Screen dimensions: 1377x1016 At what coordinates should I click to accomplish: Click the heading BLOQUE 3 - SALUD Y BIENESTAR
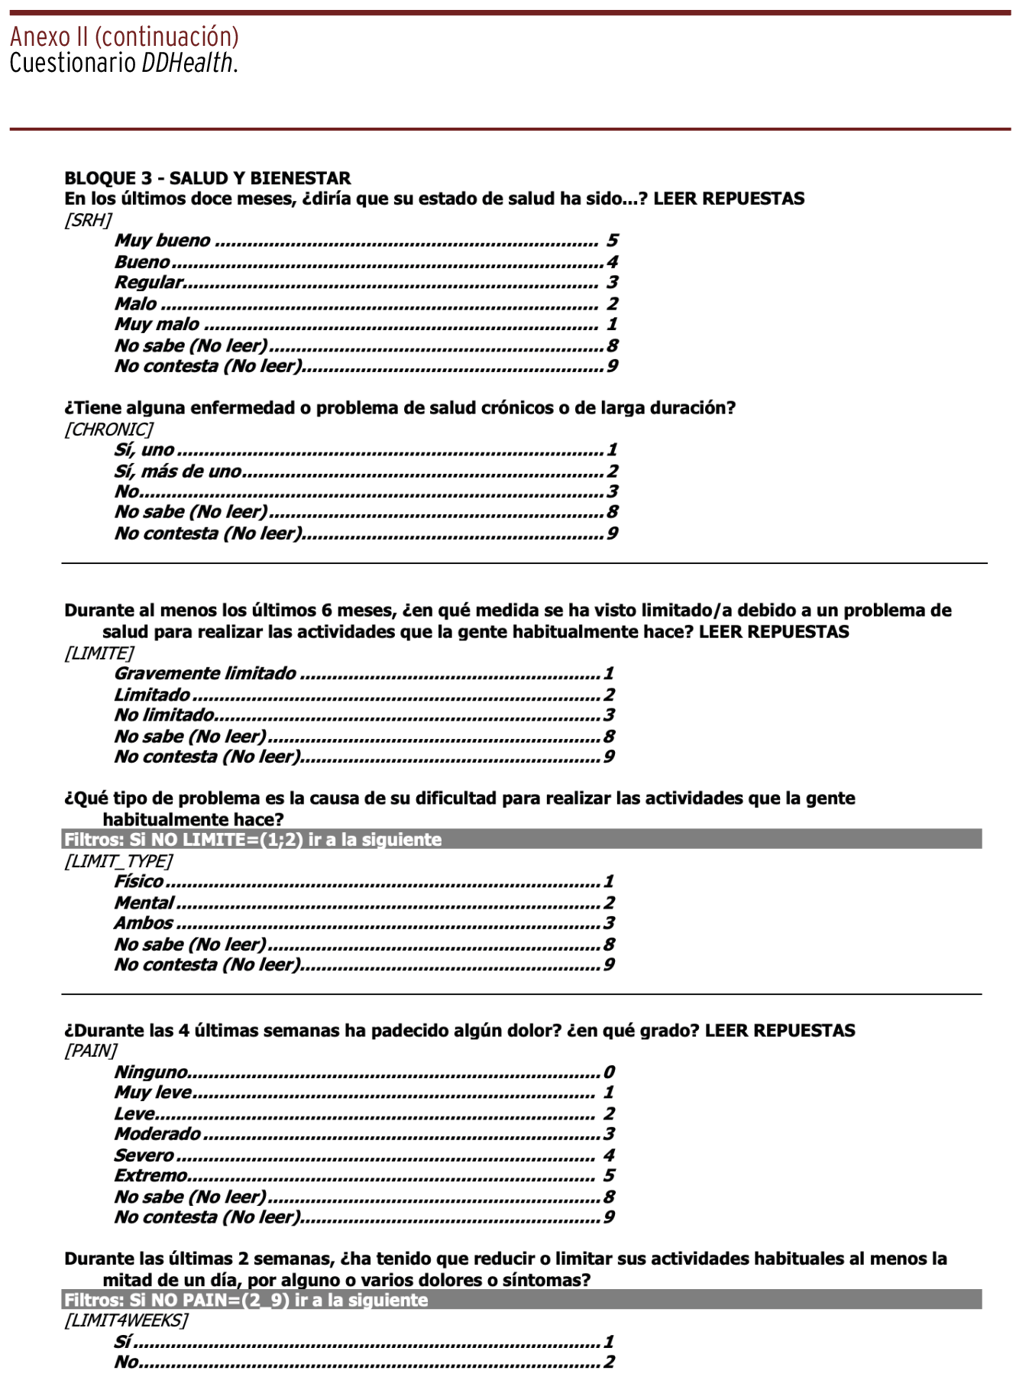click(x=207, y=178)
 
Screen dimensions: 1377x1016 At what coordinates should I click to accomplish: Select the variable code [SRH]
click(x=88, y=220)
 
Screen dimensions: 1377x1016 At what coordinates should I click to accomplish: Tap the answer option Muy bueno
click(x=162, y=241)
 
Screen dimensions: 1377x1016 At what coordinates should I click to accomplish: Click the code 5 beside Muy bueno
click(x=612, y=241)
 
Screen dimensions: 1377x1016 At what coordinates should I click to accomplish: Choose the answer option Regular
click(x=149, y=283)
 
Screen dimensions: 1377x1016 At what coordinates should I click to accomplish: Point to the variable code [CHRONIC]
click(x=108, y=429)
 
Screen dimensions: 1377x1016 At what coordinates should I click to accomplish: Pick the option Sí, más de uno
click(x=177, y=471)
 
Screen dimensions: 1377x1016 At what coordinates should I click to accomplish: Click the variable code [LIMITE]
click(x=99, y=653)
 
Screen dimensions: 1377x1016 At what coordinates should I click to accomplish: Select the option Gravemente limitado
click(x=205, y=674)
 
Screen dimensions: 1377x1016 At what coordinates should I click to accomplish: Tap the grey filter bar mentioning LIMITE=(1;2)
click(x=522, y=840)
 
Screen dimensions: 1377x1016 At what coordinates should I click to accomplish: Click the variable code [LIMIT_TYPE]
click(x=118, y=861)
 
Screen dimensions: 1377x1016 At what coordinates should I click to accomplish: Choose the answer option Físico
click(x=138, y=882)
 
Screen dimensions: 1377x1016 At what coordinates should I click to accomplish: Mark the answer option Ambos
click(x=144, y=923)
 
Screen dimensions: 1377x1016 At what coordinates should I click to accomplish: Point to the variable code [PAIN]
click(x=91, y=1051)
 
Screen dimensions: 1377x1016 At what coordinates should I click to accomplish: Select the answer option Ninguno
click(x=150, y=1072)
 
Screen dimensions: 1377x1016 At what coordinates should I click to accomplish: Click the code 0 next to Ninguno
click(x=609, y=1072)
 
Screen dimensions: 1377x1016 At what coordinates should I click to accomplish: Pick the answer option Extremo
click(x=150, y=1176)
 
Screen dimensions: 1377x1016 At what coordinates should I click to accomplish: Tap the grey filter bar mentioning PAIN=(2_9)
click(x=522, y=1300)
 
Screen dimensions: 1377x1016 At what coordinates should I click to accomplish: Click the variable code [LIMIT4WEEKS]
click(x=126, y=1320)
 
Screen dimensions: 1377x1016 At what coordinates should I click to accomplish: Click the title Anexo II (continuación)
click(x=125, y=37)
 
